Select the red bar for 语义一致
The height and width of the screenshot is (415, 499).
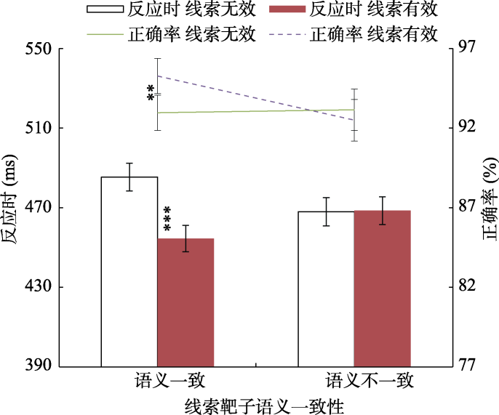pos(186,302)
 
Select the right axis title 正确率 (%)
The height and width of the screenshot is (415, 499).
pos(490,207)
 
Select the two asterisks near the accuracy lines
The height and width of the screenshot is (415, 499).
pos(151,94)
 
